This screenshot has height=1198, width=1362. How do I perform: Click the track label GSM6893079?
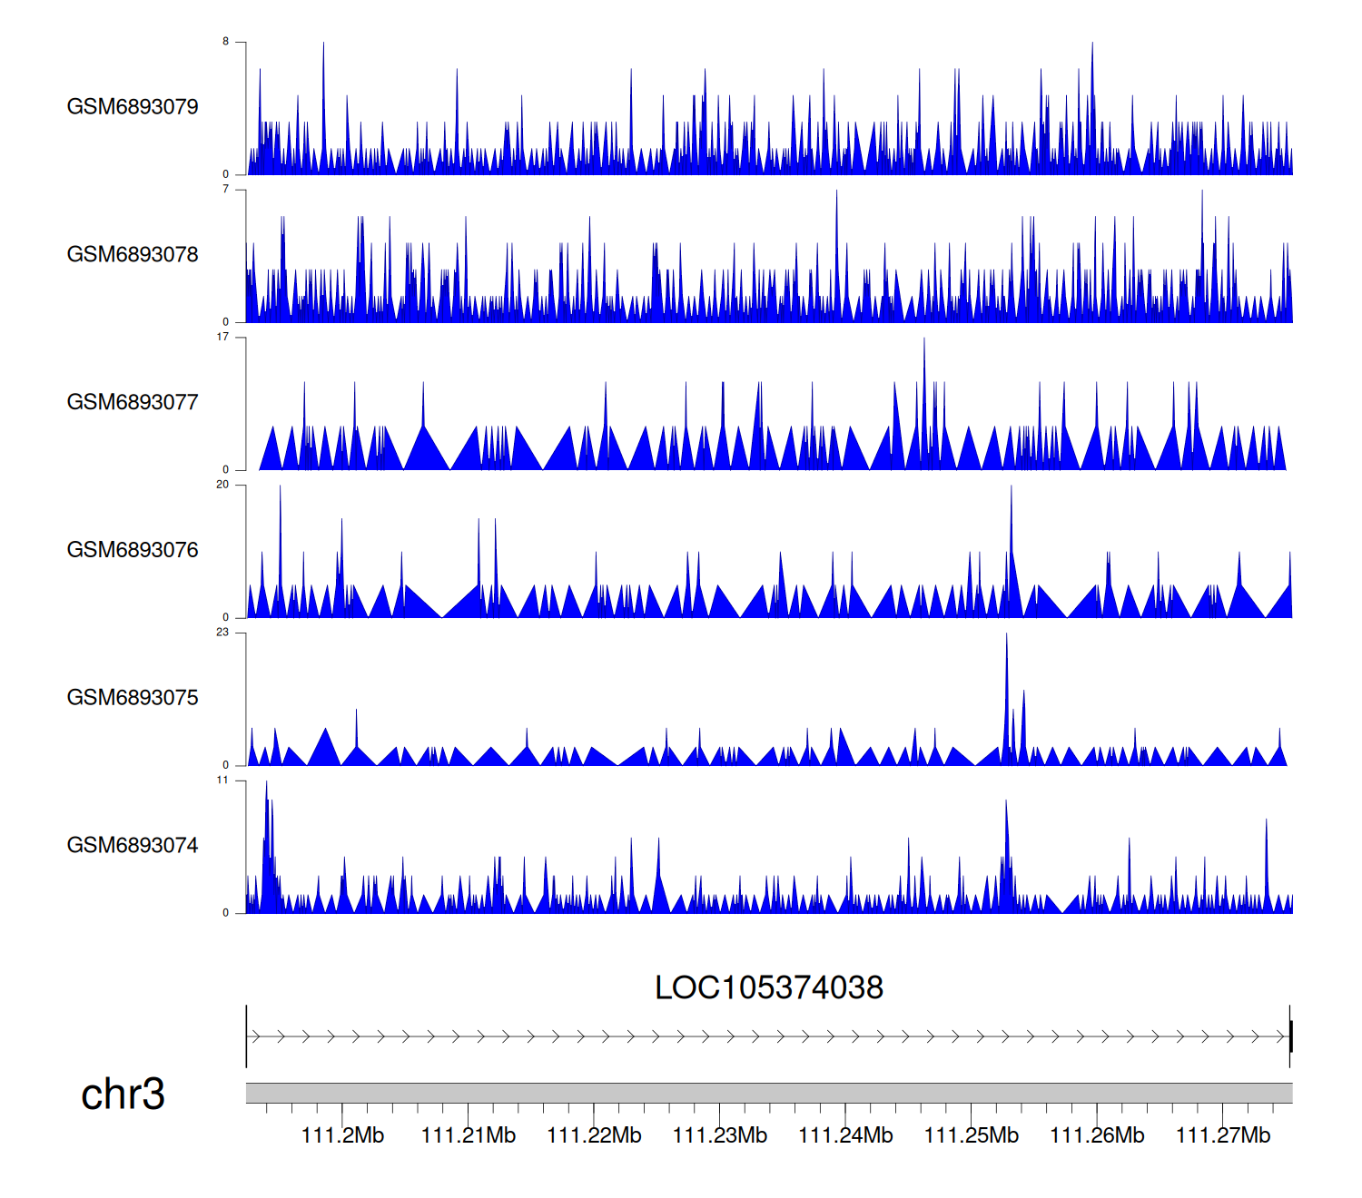pos(133,107)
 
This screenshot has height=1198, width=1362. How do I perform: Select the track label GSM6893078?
pos(133,255)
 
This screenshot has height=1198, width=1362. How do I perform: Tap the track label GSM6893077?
pos(133,403)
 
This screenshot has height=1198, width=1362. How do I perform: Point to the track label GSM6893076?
pos(133,551)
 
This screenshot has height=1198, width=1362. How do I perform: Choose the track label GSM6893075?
pos(133,698)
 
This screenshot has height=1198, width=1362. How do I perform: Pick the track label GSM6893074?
pos(133,846)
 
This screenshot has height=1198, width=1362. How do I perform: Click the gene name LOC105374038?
pos(768,988)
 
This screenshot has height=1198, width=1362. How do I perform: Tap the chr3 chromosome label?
pos(123,1095)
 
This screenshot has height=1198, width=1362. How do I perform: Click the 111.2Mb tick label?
pos(342,1135)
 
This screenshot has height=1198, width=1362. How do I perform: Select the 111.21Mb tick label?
pos(469,1135)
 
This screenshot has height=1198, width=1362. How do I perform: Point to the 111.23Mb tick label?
pos(720,1135)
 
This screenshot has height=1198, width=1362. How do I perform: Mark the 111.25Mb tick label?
pos(972,1135)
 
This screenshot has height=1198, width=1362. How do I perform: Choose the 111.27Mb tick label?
pos(1223,1135)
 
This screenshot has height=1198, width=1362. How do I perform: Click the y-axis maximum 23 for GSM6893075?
pos(222,633)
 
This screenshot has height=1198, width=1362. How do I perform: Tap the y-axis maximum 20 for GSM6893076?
pos(222,485)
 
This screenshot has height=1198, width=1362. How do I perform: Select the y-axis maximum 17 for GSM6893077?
pos(222,337)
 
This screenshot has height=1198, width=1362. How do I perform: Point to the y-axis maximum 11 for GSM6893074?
pos(222,781)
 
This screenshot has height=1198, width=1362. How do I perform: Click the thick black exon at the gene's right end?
pos(1290,1036)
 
